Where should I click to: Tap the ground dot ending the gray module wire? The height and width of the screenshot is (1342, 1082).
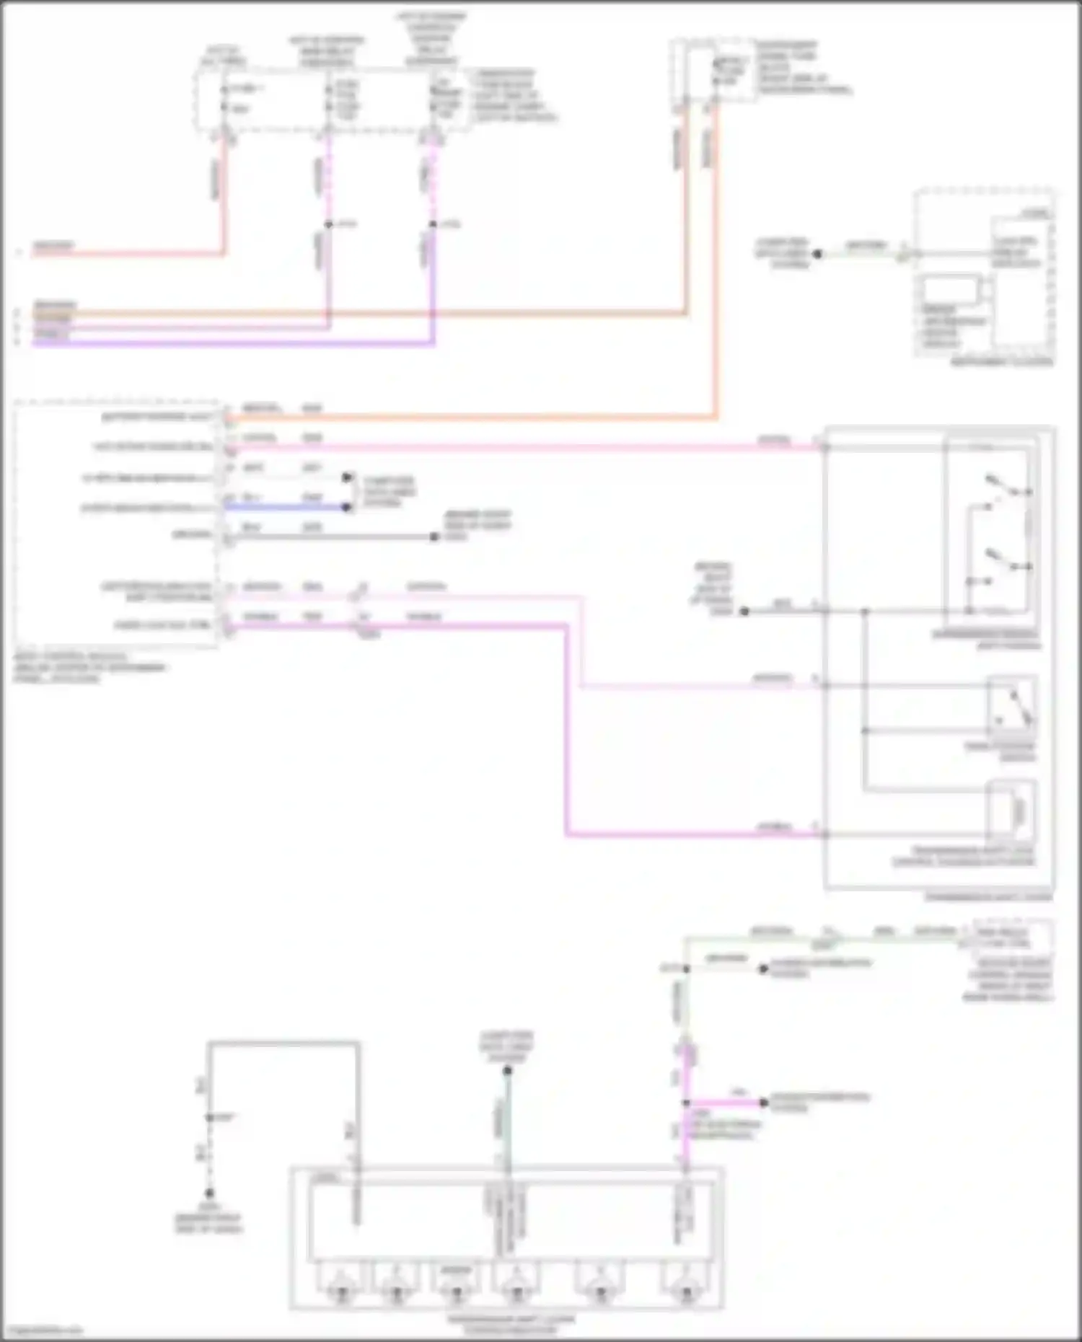click(x=434, y=537)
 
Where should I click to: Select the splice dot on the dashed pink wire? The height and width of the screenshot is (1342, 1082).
click(x=328, y=224)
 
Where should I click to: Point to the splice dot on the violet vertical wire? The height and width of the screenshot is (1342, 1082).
click(x=433, y=224)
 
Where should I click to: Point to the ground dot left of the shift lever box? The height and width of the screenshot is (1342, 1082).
click(x=744, y=612)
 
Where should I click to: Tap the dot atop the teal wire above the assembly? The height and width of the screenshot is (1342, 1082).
click(x=507, y=1071)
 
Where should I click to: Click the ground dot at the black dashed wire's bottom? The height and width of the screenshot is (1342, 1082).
click(x=209, y=1193)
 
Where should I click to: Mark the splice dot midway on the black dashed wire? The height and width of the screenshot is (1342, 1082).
click(x=209, y=1117)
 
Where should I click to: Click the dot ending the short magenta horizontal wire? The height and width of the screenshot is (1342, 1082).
click(x=764, y=1103)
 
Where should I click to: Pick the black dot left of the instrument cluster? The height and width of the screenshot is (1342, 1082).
click(x=817, y=254)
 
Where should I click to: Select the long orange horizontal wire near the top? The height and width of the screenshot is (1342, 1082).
click(x=361, y=313)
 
